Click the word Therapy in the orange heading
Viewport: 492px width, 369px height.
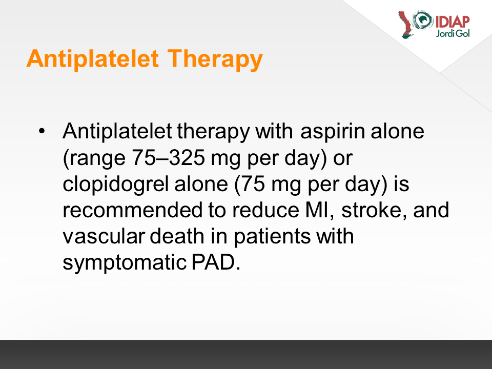click(215, 59)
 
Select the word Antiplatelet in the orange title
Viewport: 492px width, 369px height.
click(93, 58)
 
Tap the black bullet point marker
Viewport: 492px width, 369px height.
click(42, 131)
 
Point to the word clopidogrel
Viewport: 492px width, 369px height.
click(116, 184)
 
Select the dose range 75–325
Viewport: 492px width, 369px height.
click(168, 157)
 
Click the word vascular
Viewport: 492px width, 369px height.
click(104, 236)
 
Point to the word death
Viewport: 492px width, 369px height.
click(177, 236)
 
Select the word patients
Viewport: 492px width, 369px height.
click(272, 237)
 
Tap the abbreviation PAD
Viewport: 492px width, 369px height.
click(216, 262)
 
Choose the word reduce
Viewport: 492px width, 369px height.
click(266, 210)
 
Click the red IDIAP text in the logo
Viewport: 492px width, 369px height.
click(453, 22)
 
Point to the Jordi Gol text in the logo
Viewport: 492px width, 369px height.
click(453, 33)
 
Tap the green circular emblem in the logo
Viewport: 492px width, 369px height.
click(423, 19)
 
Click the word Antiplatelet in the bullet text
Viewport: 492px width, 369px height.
click(117, 131)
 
